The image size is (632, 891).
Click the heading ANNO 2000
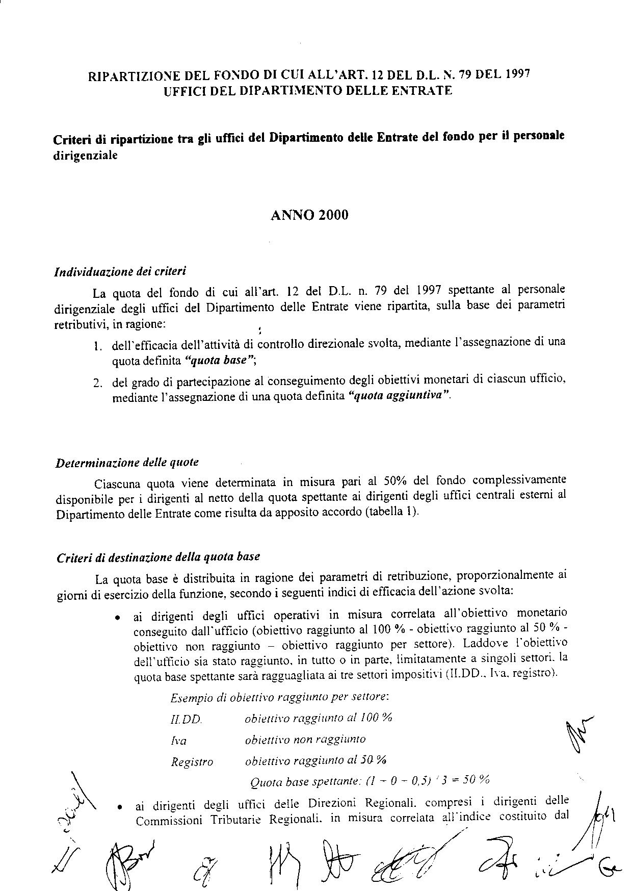tap(309, 215)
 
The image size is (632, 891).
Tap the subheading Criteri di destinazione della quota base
tap(159, 557)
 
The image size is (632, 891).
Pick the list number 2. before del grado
tap(98, 383)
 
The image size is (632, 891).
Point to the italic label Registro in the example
tap(192, 762)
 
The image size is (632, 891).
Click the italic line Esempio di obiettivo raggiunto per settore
tap(280, 697)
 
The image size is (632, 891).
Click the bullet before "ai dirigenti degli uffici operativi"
tap(118, 618)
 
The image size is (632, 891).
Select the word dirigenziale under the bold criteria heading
tap(85, 156)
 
